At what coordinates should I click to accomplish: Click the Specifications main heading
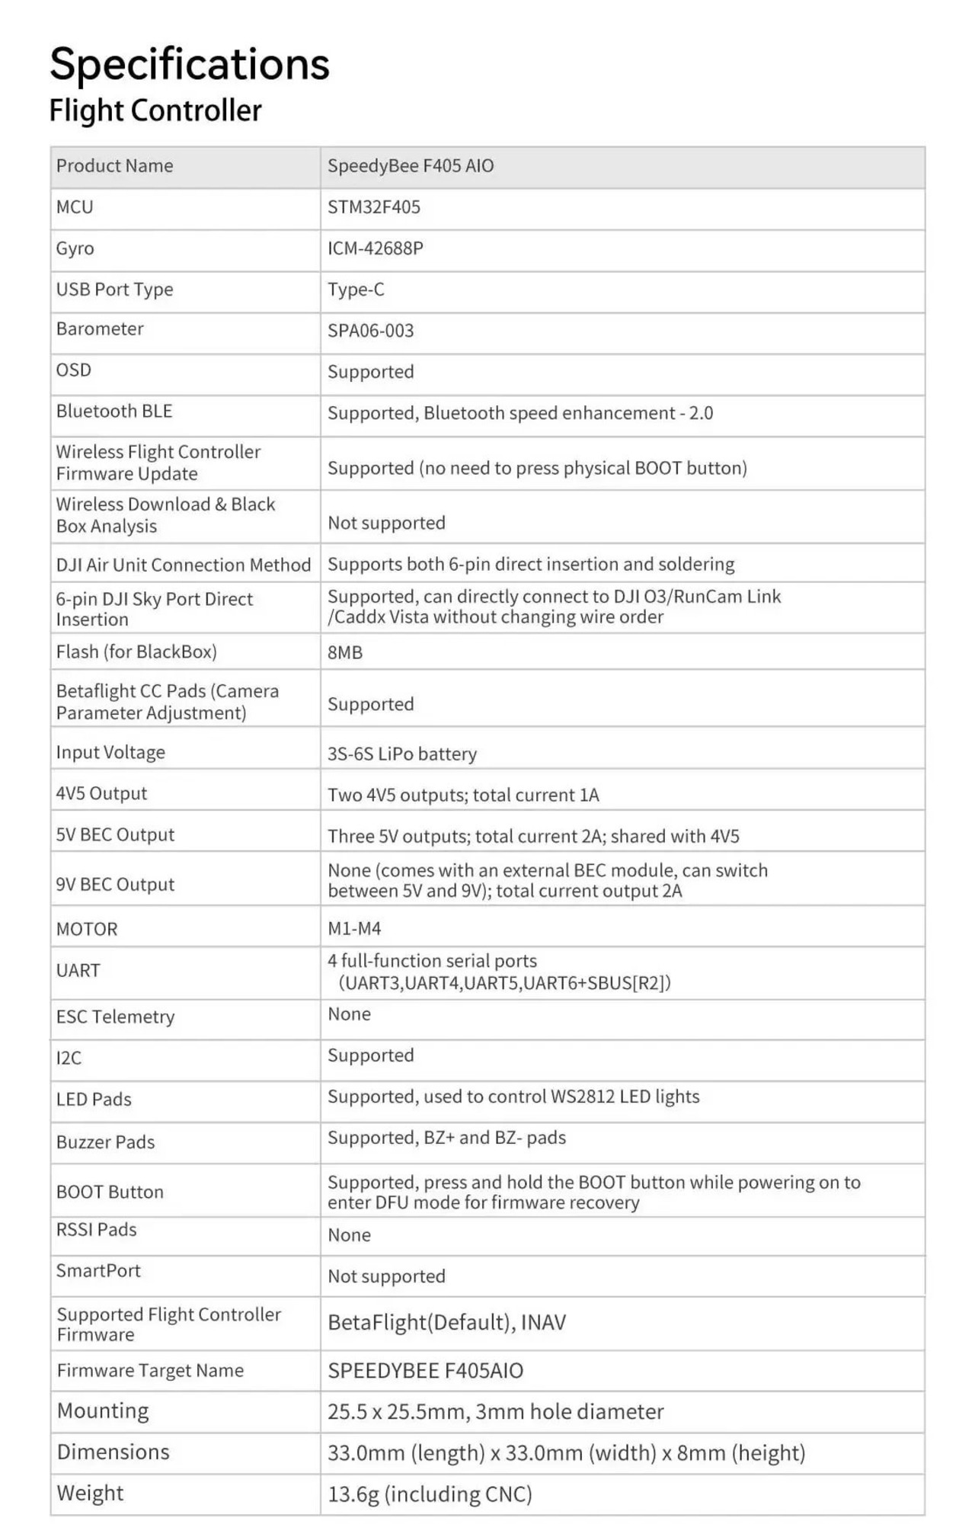tap(190, 64)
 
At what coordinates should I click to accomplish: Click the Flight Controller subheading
tap(155, 110)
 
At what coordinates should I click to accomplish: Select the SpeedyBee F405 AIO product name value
tap(411, 166)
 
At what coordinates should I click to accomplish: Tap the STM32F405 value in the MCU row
tap(374, 207)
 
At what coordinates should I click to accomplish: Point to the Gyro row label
tap(75, 248)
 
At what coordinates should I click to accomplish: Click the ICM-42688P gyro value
tap(376, 248)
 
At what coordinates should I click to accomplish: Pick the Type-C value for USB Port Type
tap(356, 290)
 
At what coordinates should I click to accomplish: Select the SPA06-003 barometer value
tap(371, 331)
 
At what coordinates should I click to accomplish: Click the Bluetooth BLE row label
tap(114, 411)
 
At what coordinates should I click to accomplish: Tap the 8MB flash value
tap(345, 652)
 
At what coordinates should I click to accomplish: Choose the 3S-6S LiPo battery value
tap(402, 754)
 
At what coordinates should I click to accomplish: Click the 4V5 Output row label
tap(101, 793)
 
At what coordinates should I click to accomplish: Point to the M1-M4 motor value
tap(354, 929)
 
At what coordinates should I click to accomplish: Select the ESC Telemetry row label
tap(116, 1017)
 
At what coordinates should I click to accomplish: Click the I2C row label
tap(69, 1058)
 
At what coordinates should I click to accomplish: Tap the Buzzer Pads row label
tap(105, 1142)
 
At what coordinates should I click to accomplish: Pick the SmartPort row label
tap(98, 1271)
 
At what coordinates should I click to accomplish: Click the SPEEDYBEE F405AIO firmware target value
tap(426, 1371)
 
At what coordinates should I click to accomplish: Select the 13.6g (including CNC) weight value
tap(430, 1494)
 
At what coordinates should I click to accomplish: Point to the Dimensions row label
tap(113, 1452)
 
